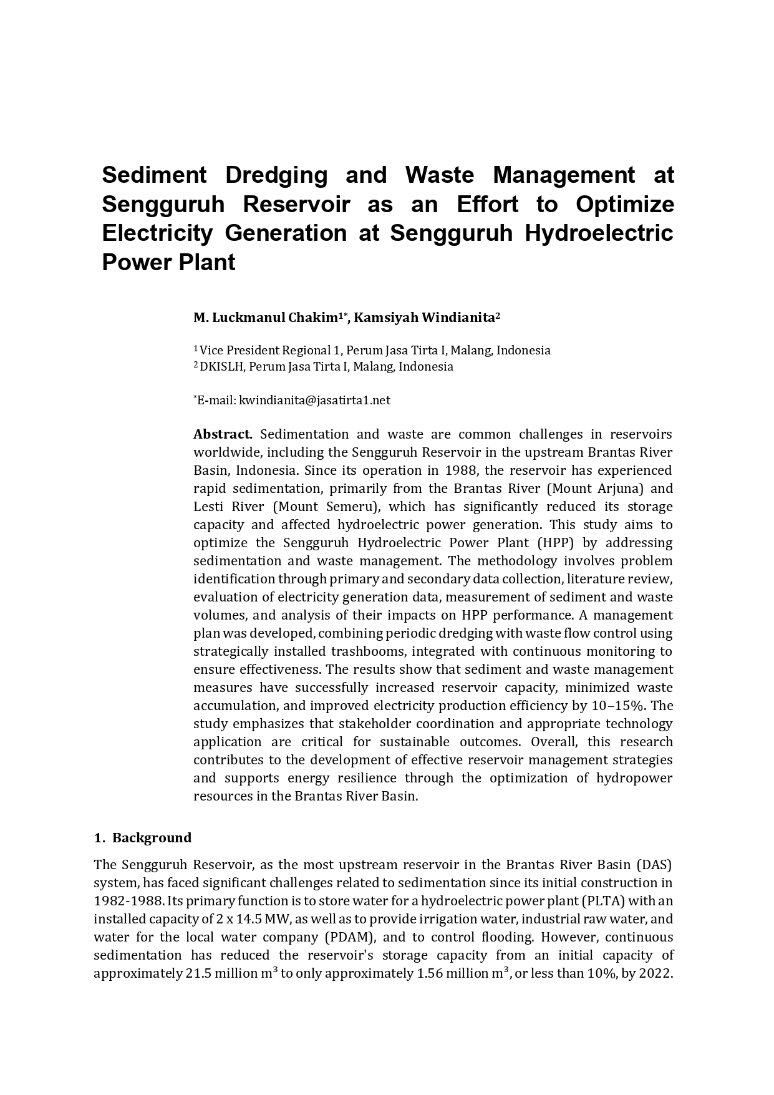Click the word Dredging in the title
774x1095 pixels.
276,175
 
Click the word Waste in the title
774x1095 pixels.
439,175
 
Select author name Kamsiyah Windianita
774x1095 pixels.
427,318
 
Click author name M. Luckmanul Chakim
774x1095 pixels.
266,318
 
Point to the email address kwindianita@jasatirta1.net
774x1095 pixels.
314,400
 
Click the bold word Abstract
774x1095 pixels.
223,434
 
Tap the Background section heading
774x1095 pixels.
152,837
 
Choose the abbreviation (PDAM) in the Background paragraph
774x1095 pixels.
349,937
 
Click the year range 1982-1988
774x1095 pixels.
129,901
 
